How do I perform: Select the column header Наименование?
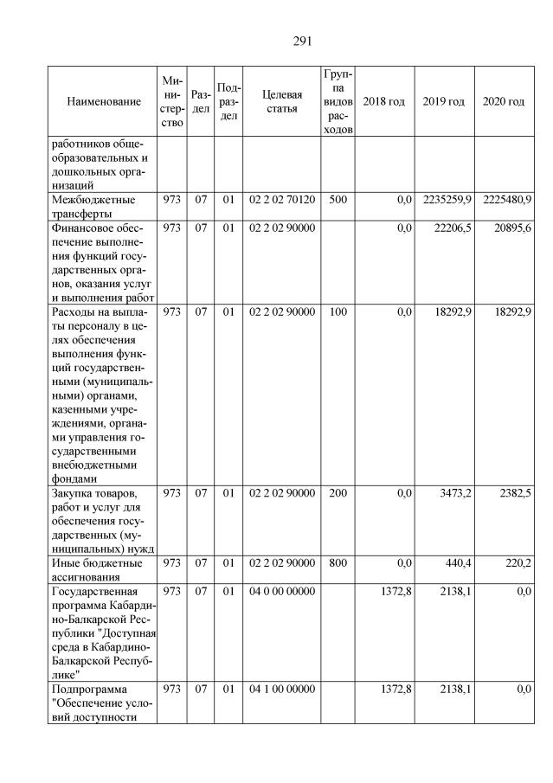tap(104, 102)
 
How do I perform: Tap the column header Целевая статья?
tap(281, 102)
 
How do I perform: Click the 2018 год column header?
tap(383, 102)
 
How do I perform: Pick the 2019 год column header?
tap(444, 102)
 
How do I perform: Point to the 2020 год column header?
tap(504, 102)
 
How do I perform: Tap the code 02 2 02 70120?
tap(282, 200)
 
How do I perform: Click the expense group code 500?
tap(338, 200)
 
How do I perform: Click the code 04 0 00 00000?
tap(282, 590)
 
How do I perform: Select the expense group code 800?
tap(338, 562)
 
